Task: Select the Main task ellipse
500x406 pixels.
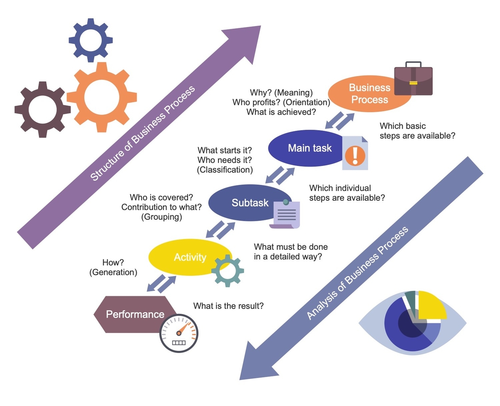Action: (306, 148)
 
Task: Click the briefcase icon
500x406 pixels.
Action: (413, 80)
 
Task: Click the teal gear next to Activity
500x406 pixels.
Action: (228, 271)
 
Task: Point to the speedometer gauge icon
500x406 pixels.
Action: (179, 333)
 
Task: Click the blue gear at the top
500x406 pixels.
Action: (91, 40)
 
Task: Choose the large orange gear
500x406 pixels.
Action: (102, 97)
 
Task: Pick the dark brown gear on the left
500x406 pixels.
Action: (42, 110)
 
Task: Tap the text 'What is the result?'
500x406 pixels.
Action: (228, 306)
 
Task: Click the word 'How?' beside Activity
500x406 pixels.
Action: (113, 262)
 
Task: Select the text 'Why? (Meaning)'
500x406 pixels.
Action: (281, 93)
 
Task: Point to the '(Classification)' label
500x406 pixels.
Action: (225, 170)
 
